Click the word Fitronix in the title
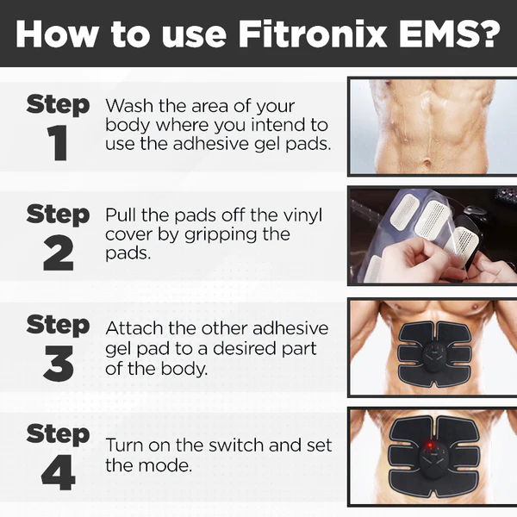[x=312, y=34]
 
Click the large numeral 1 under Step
[x=58, y=143]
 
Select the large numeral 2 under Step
[x=58, y=252]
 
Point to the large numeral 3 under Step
[x=58, y=363]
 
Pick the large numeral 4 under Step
[x=58, y=472]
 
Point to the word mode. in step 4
[x=165, y=465]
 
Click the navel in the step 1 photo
[x=427, y=163]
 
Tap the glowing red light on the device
[x=430, y=445]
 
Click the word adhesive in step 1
[x=211, y=144]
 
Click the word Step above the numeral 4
[x=58, y=434]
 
